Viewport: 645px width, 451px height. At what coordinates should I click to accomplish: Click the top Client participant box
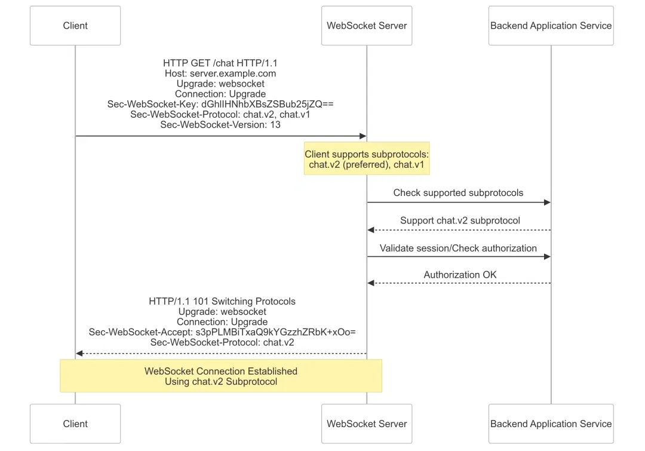click(75, 26)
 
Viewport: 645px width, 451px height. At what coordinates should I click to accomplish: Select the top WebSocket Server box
click(367, 26)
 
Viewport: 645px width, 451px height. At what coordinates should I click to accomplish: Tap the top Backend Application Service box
click(551, 26)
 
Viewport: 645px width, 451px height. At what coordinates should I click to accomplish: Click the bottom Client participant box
click(75, 424)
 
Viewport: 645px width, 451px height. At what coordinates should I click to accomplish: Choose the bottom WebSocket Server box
click(367, 424)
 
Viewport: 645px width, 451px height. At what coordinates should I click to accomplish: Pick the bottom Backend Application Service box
click(551, 424)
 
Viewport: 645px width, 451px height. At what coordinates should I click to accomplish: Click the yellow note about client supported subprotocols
click(367, 158)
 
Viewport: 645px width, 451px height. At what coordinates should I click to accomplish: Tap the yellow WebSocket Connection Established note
click(220, 376)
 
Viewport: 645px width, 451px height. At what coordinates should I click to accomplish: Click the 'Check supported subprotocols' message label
click(458, 193)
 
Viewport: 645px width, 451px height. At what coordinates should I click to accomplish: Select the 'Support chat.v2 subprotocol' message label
click(460, 220)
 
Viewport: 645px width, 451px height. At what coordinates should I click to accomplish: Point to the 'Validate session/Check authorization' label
click(458, 248)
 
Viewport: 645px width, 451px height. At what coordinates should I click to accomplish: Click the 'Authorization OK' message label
click(460, 275)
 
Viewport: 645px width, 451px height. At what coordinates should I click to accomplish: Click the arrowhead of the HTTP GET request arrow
click(363, 136)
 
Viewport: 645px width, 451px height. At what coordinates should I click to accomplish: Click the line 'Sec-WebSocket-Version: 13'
click(220, 125)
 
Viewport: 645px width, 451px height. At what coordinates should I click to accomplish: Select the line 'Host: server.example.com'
click(220, 73)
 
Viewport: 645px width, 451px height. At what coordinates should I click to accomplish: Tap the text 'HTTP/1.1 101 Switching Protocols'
click(222, 301)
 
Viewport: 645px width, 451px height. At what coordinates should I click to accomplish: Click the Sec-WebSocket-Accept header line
click(222, 332)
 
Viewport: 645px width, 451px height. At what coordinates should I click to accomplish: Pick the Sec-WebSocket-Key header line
click(220, 104)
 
